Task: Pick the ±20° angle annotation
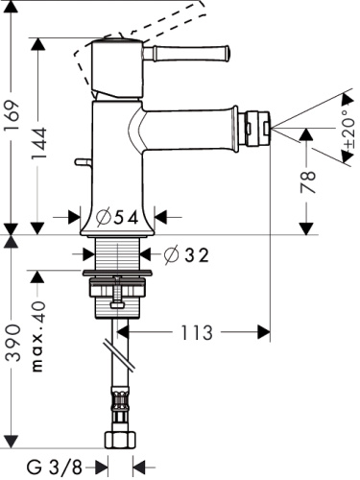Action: (343, 133)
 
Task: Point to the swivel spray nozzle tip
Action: (258, 123)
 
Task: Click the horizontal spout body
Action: (192, 124)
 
